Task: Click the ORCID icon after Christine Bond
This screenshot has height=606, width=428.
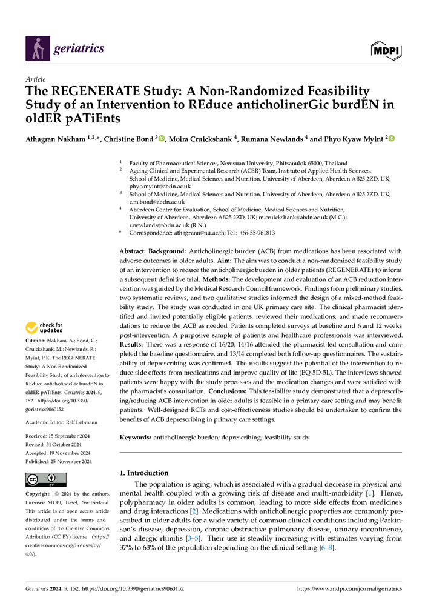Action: (x=162, y=139)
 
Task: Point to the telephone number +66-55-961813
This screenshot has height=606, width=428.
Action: (x=256, y=233)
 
